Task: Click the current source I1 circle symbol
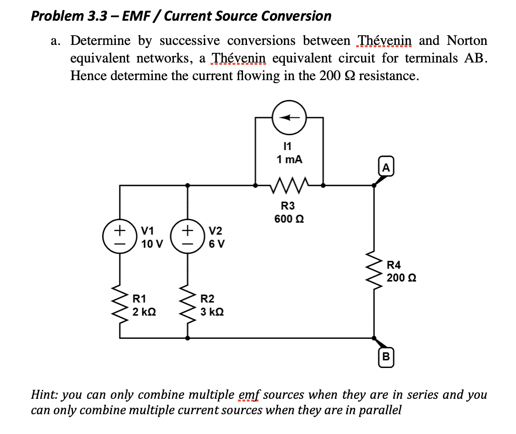pyautogui.click(x=289, y=118)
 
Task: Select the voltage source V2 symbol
pyautogui.click(x=188, y=236)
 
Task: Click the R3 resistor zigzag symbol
pyautogui.click(x=289, y=185)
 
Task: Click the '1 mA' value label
pyautogui.click(x=289, y=160)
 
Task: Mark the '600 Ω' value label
pyautogui.click(x=289, y=219)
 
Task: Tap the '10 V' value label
pyautogui.click(x=152, y=243)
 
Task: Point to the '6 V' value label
pyautogui.click(x=216, y=243)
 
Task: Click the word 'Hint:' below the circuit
pyautogui.click(x=44, y=394)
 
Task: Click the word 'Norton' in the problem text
pyautogui.click(x=467, y=40)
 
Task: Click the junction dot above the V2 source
pyautogui.click(x=188, y=185)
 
